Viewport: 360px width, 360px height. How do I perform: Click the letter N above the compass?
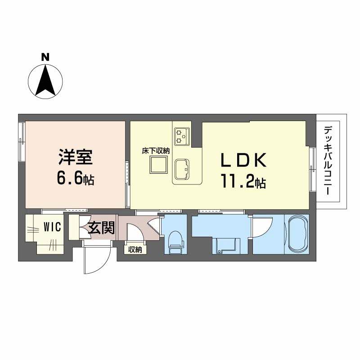(45, 57)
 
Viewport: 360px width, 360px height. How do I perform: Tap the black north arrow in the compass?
(45, 81)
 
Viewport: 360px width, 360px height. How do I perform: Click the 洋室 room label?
(76, 157)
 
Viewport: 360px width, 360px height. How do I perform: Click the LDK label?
(243, 160)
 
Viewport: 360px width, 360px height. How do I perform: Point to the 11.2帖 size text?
(243, 182)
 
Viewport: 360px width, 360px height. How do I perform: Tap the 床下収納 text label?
(156, 151)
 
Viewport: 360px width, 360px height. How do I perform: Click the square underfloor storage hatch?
(158, 165)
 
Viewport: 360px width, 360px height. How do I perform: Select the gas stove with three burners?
(182, 137)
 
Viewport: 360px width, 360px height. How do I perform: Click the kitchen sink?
(182, 170)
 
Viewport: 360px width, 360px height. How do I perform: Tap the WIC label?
(53, 227)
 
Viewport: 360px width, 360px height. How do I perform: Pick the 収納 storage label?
(135, 249)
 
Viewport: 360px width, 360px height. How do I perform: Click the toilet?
(176, 243)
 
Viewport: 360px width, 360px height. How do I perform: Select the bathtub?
(297, 234)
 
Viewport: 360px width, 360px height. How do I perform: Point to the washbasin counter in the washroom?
(226, 246)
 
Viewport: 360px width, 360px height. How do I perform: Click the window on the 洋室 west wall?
(22, 142)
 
